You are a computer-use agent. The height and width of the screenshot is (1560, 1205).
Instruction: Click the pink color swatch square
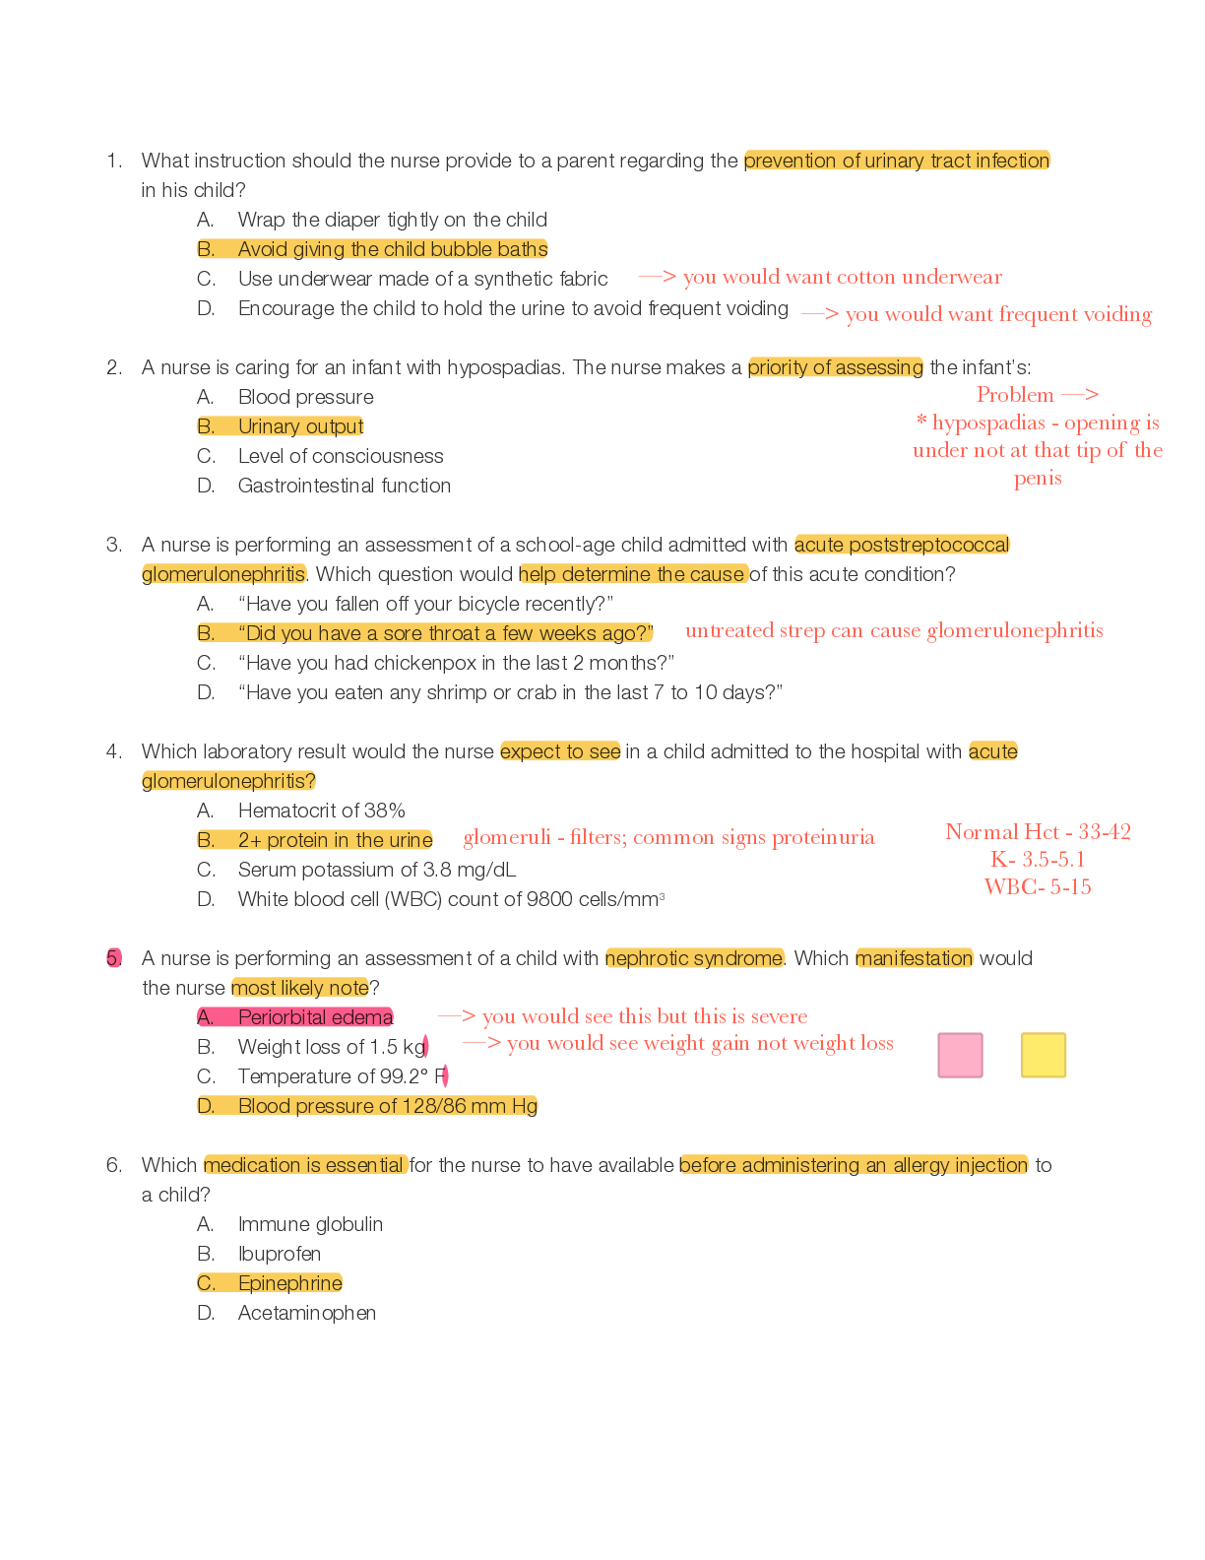click(x=960, y=1055)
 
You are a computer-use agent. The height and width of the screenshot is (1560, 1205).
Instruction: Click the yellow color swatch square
click(x=1044, y=1055)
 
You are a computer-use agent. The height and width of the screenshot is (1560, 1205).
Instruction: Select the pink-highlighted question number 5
click(x=114, y=958)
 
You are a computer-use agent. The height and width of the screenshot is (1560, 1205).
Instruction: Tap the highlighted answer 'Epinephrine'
click(x=289, y=1283)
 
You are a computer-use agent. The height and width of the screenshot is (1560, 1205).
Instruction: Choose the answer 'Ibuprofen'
click(x=279, y=1254)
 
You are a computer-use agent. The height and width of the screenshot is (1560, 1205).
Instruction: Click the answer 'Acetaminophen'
click(x=306, y=1313)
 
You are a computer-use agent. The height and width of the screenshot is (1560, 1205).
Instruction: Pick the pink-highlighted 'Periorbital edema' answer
click(x=314, y=1017)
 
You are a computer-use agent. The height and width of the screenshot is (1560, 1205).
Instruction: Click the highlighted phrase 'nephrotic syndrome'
click(x=695, y=958)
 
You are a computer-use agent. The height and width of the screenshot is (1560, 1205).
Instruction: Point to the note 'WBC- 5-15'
click(x=1038, y=886)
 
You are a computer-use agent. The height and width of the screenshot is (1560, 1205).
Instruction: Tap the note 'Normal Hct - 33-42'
click(x=1038, y=832)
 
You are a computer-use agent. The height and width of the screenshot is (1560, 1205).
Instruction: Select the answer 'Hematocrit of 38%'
click(x=321, y=811)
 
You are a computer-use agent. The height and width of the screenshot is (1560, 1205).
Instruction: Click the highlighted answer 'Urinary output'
click(x=300, y=426)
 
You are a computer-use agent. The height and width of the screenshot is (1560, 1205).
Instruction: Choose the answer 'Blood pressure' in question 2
click(x=305, y=397)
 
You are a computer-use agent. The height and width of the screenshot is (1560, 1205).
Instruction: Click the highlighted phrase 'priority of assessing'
click(x=836, y=367)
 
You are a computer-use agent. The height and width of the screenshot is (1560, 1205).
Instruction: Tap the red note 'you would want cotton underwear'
click(x=842, y=277)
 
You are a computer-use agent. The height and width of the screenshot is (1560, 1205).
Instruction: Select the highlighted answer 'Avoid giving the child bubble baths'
click(x=392, y=249)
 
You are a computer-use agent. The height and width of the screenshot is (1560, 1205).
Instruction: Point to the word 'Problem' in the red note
click(x=1015, y=394)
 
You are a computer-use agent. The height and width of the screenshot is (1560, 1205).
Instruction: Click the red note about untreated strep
click(x=894, y=630)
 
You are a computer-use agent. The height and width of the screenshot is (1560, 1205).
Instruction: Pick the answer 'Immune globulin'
click(x=310, y=1224)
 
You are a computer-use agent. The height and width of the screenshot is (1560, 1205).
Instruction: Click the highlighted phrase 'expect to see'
click(x=560, y=751)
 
